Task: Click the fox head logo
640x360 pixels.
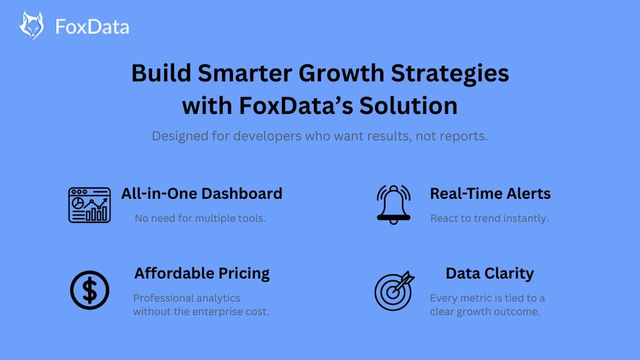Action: coord(31,25)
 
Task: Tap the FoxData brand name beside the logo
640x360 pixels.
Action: coord(92,26)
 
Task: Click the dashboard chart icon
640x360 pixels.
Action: coord(89,205)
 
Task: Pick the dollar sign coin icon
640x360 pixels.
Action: coord(90,290)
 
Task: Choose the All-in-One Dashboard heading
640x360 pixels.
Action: coord(202,194)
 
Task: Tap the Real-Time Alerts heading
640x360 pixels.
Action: coord(490,194)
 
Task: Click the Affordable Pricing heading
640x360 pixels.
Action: coord(202,274)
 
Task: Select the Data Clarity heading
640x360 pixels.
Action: coord(490,274)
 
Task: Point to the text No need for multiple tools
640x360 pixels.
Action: coord(200,218)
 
